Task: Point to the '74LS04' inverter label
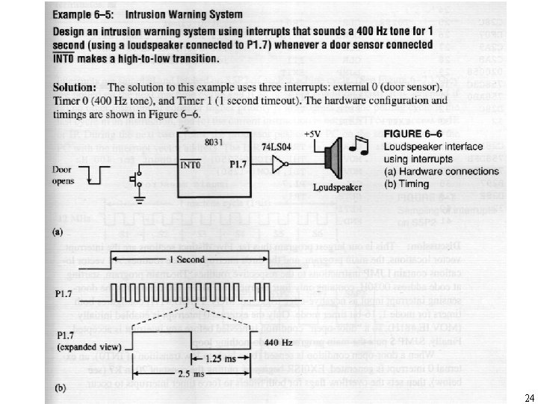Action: [276, 150]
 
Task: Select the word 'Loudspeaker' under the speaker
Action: [334, 188]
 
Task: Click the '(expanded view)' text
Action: [87, 348]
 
